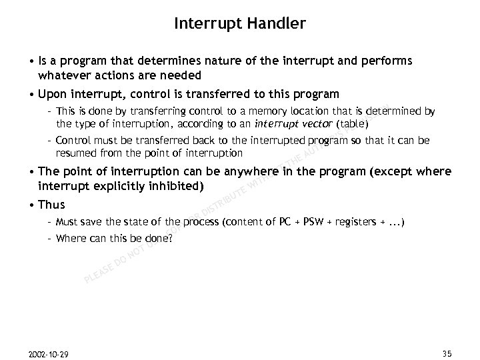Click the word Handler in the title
tap(277, 25)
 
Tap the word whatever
tap(64, 75)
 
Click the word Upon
tap(55, 94)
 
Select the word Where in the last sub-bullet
tap(71, 238)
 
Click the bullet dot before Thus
tap(33, 205)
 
